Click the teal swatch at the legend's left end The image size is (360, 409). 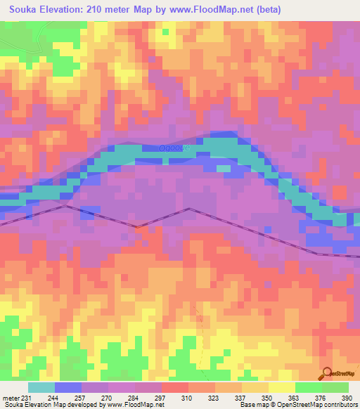click(41, 388)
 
